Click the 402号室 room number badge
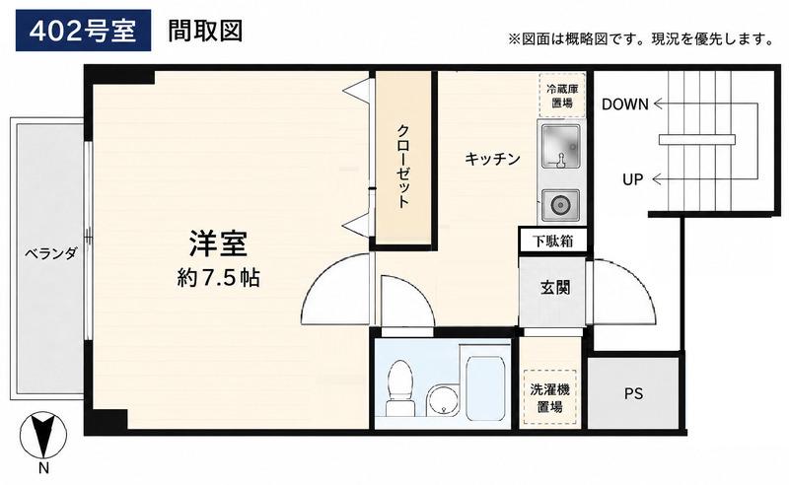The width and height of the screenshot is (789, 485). [x=83, y=31]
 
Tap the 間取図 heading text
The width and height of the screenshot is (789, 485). [x=205, y=31]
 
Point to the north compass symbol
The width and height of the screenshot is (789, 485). [x=43, y=435]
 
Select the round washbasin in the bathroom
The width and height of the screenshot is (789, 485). [x=443, y=399]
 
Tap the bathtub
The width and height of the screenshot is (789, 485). [x=485, y=387]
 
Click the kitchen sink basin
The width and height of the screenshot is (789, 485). [x=560, y=145]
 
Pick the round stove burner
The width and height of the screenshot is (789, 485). [x=559, y=205]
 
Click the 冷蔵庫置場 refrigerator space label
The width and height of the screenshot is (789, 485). [x=561, y=96]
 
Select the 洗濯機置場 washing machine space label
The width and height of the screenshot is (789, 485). [x=549, y=397]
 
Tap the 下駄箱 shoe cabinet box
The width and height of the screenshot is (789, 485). [x=553, y=241]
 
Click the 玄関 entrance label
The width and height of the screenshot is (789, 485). [x=555, y=288]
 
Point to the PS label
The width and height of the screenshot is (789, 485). [x=633, y=393]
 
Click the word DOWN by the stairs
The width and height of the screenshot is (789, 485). [x=625, y=104]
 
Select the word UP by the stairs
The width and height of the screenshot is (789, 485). [x=632, y=179]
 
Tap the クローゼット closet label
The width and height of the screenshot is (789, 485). [x=403, y=167]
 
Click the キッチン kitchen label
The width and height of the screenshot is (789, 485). [x=492, y=159]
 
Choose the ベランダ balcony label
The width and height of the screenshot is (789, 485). [x=51, y=253]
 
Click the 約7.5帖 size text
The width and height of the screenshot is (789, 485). [x=218, y=278]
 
